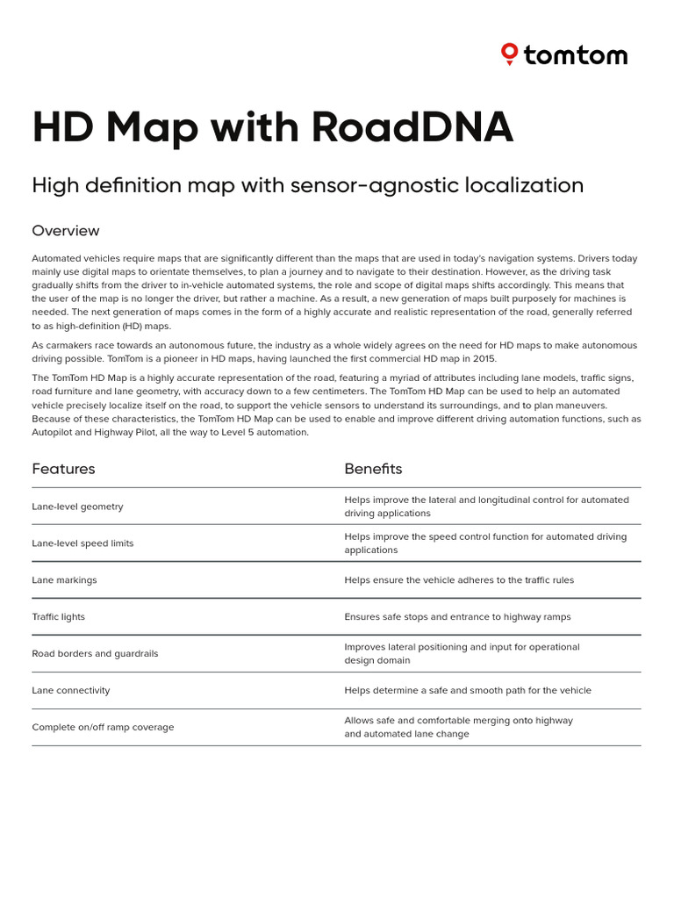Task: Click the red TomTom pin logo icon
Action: pyautogui.click(x=509, y=54)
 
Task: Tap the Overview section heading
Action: pyautogui.click(x=66, y=231)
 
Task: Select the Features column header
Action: pyautogui.click(x=63, y=469)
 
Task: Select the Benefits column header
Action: pyautogui.click(x=373, y=469)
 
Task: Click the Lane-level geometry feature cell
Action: pyautogui.click(x=77, y=507)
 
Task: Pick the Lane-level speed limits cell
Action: pyautogui.click(x=82, y=543)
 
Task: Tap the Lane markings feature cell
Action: pyautogui.click(x=64, y=580)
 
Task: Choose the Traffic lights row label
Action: pyautogui.click(x=58, y=617)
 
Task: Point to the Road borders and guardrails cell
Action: pyautogui.click(x=95, y=654)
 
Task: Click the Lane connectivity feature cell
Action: pyautogui.click(x=71, y=691)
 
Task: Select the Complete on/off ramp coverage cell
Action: pyautogui.click(x=103, y=728)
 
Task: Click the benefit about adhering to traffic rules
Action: pyautogui.click(x=459, y=580)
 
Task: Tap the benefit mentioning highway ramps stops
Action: pyautogui.click(x=457, y=617)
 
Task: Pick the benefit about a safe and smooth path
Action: pyautogui.click(x=468, y=691)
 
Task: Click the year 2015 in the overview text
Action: pyautogui.click(x=484, y=358)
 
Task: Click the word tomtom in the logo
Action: pyautogui.click(x=576, y=55)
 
